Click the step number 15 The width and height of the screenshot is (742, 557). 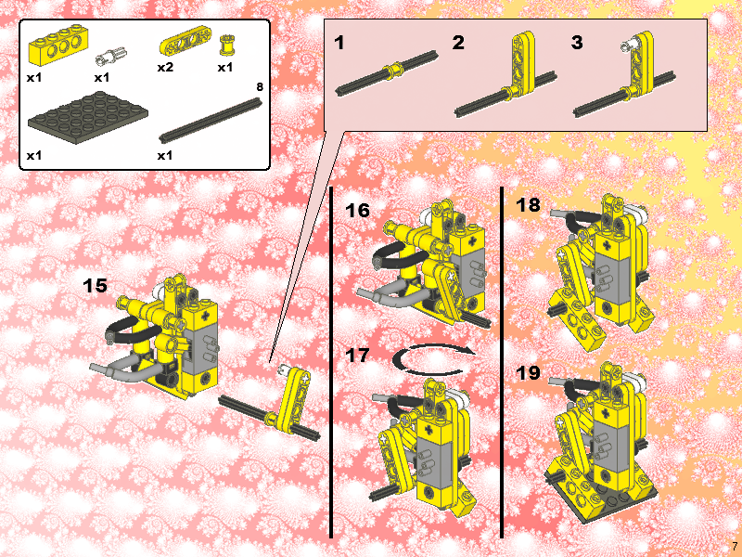pyautogui.click(x=95, y=286)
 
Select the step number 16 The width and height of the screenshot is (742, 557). pyautogui.click(x=357, y=211)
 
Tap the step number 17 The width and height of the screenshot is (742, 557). pyautogui.click(x=357, y=355)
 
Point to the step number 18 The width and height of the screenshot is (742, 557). pyautogui.click(x=528, y=204)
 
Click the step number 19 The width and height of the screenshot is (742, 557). pyautogui.click(x=528, y=373)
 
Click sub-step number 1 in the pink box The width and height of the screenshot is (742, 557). pyautogui.click(x=339, y=43)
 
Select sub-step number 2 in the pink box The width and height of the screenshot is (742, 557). pyautogui.click(x=458, y=43)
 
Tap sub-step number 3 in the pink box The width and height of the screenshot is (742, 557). pyautogui.click(x=577, y=43)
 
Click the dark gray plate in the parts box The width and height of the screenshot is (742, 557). pyautogui.click(x=88, y=118)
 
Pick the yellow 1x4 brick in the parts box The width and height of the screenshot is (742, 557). pyautogui.click(x=59, y=45)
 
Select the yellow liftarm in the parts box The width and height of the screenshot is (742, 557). pyautogui.click(x=185, y=42)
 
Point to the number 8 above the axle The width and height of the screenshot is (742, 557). pyautogui.click(x=260, y=87)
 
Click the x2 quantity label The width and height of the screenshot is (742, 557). pyautogui.click(x=165, y=67)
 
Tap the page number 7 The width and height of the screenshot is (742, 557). pyautogui.click(x=735, y=546)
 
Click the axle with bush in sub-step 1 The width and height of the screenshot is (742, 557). pyautogui.click(x=387, y=73)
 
